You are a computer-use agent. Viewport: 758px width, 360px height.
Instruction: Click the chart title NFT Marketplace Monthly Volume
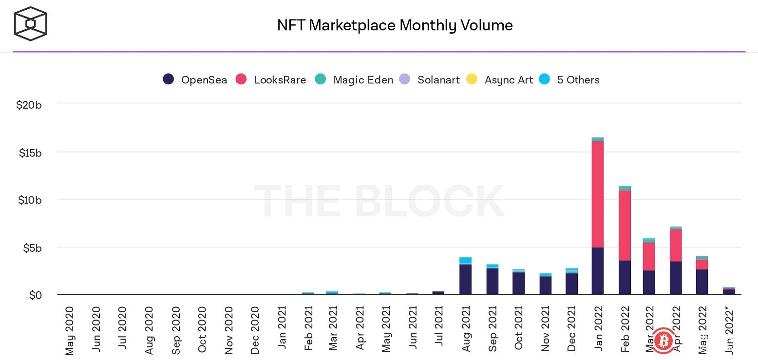(x=395, y=25)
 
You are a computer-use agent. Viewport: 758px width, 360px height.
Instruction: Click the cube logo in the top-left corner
(x=30, y=23)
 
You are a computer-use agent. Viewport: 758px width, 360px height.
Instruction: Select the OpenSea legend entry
(x=195, y=80)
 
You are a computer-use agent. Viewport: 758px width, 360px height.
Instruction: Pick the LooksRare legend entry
(x=271, y=80)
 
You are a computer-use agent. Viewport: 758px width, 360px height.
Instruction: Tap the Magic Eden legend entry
(x=354, y=80)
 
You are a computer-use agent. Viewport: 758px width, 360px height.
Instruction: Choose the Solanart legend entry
(x=429, y=80)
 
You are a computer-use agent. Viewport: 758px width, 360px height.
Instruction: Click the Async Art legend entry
(x=499, y=80)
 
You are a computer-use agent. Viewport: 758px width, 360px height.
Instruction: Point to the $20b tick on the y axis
(x=30, y=105)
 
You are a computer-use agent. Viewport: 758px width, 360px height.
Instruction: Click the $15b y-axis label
(x=30, y=152)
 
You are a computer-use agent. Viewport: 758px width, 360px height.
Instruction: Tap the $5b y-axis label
(x=33, y=247)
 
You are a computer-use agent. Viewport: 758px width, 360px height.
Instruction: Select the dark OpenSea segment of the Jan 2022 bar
(x=598, y=271)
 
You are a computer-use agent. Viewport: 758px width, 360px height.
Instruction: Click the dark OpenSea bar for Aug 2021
(x=465, y=279)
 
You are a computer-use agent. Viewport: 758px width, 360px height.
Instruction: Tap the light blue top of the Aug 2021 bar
(x=465, y=260)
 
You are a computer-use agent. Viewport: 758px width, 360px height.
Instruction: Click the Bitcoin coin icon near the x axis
(x=663, y=341)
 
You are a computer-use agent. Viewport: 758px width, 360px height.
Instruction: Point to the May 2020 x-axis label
(x=70, y=330)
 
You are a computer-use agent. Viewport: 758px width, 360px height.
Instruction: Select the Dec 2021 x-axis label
(x=571, y=330)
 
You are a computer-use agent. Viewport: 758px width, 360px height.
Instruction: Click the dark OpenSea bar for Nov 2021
(x=545, y=285)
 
